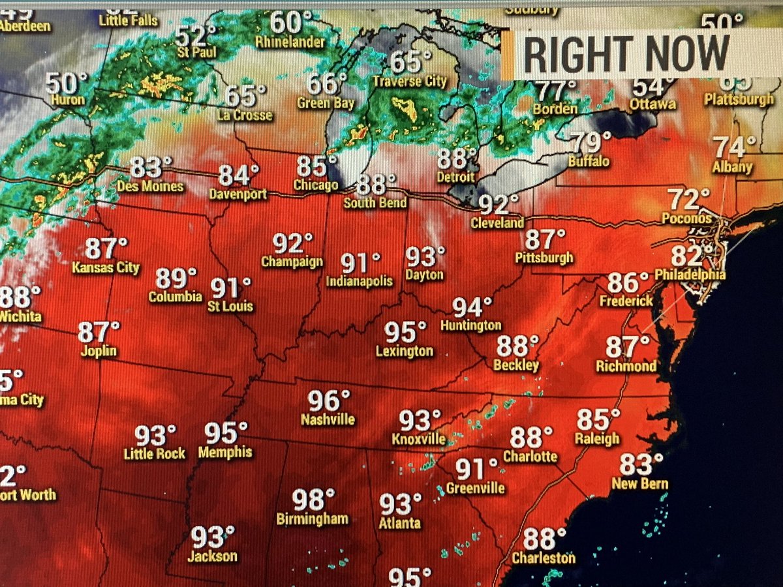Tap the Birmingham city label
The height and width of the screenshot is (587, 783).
(313, 520)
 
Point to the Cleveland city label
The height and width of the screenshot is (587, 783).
(498, 223)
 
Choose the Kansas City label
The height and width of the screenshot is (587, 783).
(106, 267)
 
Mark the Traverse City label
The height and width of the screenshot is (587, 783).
(410, 82)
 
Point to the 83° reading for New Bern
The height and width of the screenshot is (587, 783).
(636, 465)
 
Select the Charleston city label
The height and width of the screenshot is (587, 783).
(544, 558)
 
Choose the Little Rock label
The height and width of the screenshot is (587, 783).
(155, 453)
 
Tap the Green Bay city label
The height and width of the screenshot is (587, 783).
(326, 103)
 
